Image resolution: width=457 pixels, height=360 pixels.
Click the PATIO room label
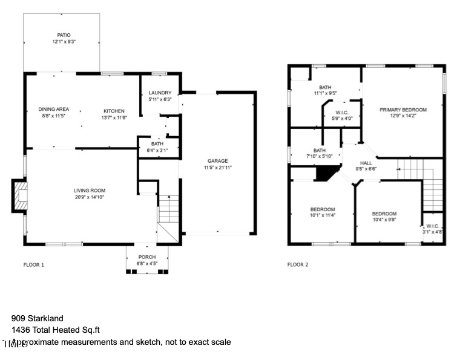61,35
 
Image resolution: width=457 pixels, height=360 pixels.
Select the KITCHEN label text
114,111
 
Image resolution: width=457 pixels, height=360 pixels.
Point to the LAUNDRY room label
160,93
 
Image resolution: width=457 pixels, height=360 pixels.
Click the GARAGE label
219,161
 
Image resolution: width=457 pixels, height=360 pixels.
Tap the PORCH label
147,257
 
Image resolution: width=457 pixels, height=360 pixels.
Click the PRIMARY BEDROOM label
403,110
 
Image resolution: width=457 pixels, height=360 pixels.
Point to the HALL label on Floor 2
366,163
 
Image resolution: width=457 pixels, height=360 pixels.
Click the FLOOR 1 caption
34,264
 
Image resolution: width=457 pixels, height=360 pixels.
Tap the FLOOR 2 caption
298,264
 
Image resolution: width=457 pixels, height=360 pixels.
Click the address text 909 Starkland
38,318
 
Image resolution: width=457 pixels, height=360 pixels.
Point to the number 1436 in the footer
21,330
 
